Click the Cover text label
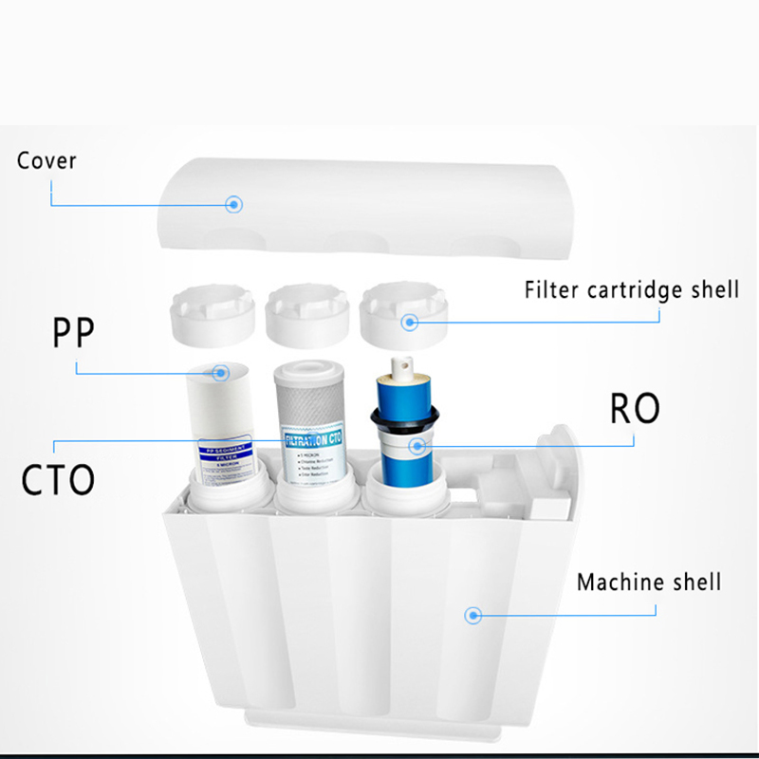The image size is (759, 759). pos(46,159)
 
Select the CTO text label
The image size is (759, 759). pos(59,477)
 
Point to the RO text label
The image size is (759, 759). pos(634,409)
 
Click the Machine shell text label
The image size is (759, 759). pos(649,581)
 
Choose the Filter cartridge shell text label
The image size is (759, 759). pos(631,288)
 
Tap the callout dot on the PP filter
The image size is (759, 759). pos(221,373)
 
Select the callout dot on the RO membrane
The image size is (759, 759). pos(415,444)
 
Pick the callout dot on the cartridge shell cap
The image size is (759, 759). pos(410,322)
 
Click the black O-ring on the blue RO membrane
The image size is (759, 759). pos(408,417)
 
